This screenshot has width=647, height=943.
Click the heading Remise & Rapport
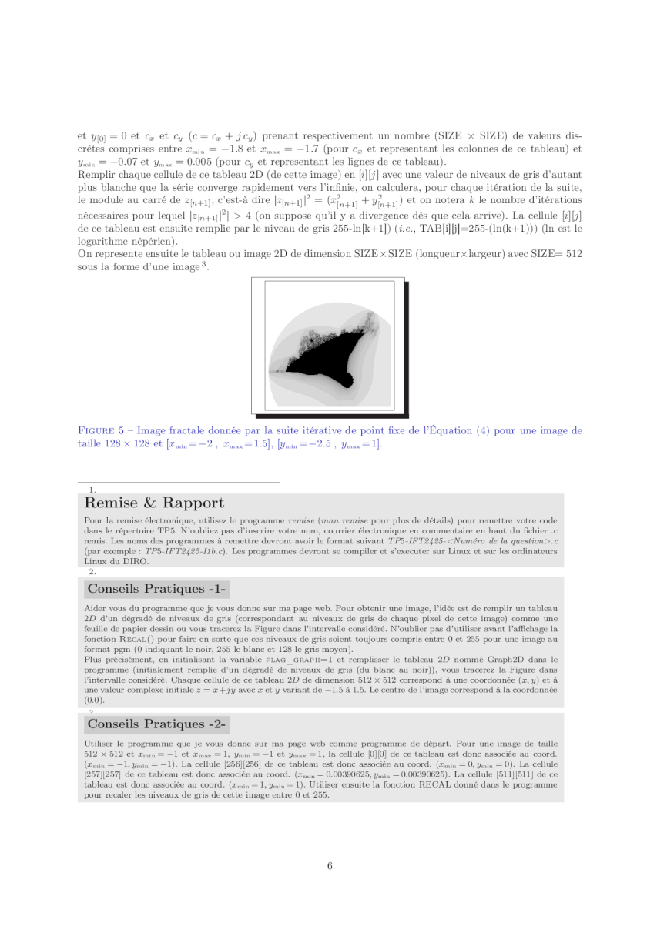click(x=154, y=503)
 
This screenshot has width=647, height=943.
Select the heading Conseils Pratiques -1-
click(x=156, y=589)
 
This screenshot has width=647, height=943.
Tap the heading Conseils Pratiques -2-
click(x=156, y=724)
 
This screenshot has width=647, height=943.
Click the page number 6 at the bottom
click(x=330, y=865)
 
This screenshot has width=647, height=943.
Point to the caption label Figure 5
click(x=99, y=430)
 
